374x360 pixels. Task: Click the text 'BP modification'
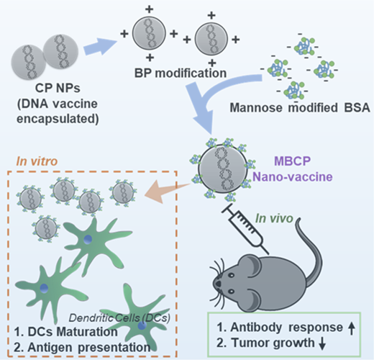coord(181,73)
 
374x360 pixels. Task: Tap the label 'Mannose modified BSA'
coord(300,107)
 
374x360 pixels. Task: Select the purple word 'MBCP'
coord(293,161)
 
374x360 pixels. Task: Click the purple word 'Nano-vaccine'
coord(293,177)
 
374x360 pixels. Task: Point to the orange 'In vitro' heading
coord(37,161)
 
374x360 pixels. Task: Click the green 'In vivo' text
coord(274,218)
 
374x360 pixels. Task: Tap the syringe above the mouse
coord(245,228)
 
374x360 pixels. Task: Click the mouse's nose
coord(218,284)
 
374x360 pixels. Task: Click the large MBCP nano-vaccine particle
coord(223,168)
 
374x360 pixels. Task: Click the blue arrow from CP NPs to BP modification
coord(100,47)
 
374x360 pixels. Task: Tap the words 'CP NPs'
coord(58,88)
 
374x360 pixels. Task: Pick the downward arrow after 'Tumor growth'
coord(322,343)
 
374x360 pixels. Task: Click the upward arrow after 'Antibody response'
coord(352,328)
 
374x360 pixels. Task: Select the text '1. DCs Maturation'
coord(66,332)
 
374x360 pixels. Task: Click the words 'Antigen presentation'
coord(89,347)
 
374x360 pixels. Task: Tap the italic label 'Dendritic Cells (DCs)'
coord(119,318)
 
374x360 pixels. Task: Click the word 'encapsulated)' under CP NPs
coord(58,120)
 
